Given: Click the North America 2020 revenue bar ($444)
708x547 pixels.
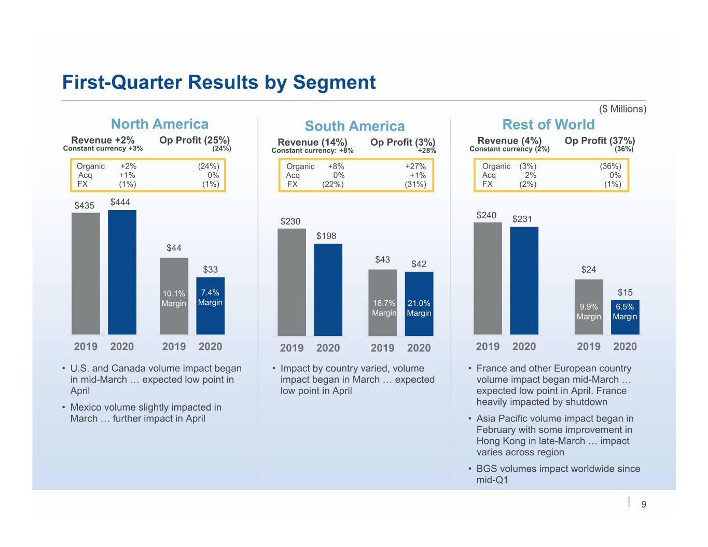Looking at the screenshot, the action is pos(122,272).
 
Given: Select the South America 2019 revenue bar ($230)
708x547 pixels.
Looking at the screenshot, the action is pos(291,282).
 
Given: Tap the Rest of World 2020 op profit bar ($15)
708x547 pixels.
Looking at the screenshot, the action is pos(624,317).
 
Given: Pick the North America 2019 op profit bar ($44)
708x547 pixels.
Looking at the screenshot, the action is pos(174,296).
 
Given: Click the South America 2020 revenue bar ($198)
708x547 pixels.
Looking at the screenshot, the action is pos(328,289).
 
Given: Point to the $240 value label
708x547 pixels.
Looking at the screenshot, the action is pos(486,215).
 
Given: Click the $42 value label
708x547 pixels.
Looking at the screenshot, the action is pos(419,264).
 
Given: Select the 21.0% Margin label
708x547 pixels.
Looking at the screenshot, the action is pos(419,308).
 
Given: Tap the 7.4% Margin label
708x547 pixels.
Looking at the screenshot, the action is pos(210,297).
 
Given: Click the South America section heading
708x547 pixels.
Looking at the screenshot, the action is pos(354,126).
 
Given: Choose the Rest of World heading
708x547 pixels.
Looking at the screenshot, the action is pos(548,124).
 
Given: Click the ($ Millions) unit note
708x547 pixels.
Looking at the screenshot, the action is pos(622,109).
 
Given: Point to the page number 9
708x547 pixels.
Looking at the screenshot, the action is pos(644,504).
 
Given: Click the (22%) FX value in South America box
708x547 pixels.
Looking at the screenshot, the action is pos(332,184).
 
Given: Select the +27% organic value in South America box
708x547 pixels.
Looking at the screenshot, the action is pos(415,166).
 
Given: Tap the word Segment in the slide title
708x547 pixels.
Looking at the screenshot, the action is pos(334,82).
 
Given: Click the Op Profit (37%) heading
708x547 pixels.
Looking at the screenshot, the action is pos(600,141).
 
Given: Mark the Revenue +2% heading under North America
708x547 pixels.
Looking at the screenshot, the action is pos(103,140).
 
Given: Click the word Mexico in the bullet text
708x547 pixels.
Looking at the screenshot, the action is pos(86,407).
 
